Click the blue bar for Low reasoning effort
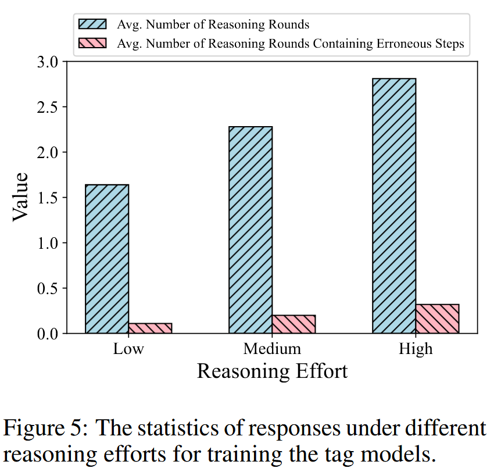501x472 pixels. point(107,259)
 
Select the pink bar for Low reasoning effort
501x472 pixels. point(150,328)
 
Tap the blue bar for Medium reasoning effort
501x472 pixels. point(250,230)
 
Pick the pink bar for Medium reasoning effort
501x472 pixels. point(294,324)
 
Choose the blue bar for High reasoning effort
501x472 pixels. point(394,206)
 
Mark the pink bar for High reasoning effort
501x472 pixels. point(437,319)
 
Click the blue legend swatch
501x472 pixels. point(93,24)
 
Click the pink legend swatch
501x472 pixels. point(93,43)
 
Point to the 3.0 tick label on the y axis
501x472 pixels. point(47,62)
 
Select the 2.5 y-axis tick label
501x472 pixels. point(47,107)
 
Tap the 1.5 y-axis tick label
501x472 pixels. point(47,198)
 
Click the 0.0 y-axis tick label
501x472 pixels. point(47,334)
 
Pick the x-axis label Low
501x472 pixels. point(128,349)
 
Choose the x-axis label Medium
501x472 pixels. point(272,349)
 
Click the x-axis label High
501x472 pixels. point(416,349)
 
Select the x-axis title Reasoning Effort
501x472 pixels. point(272,371)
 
